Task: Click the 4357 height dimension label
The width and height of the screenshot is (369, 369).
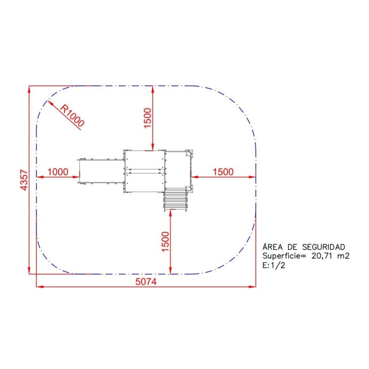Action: click(24, 180)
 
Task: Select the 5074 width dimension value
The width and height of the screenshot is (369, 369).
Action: click(146, 281)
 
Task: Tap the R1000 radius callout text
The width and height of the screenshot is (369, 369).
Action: click(72, 116)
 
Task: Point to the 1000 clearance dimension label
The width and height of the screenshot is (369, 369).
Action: click(58, 172)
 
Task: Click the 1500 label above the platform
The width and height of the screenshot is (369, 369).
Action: click(148, 118)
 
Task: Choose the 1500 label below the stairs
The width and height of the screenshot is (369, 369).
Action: click(166, 241)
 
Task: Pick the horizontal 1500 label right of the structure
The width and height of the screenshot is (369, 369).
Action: click(223, 172)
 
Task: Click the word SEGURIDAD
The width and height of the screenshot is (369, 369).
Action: click(324, 247)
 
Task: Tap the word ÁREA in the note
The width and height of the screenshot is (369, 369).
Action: click(273, 247)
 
